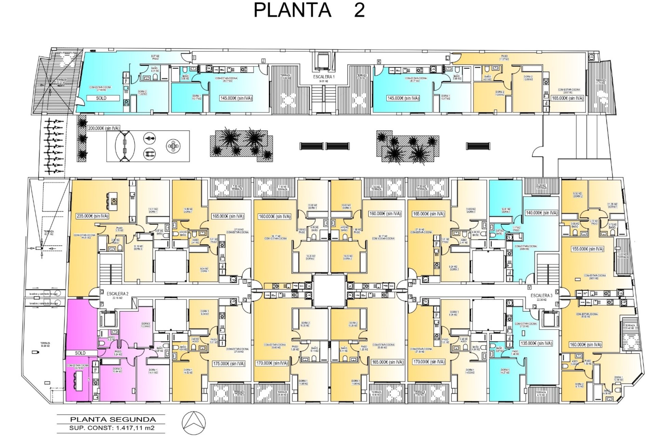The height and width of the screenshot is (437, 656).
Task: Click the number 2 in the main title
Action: (359, 10)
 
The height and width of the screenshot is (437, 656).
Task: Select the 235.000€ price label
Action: (92, 216)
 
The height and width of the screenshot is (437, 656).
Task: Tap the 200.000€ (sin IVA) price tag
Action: (104, 128)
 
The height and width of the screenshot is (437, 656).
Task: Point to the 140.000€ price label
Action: (541, 213)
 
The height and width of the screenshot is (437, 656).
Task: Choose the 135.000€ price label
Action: (536, 343)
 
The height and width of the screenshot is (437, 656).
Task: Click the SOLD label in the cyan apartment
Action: (101, 98)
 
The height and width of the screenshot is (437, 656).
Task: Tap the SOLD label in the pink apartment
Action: (80, 353)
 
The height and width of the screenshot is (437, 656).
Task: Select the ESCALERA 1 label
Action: (324, 77)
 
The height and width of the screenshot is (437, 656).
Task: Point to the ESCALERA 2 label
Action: (117, 294)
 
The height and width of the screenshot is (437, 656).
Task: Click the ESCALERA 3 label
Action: (541, 296)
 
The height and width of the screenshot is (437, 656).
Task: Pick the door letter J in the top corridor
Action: (263, 60)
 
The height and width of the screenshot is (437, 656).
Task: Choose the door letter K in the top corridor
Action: (379, 61)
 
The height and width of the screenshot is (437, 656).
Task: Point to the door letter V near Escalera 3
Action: (529, 287)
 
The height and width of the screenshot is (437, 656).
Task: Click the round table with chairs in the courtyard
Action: (174, 146)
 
